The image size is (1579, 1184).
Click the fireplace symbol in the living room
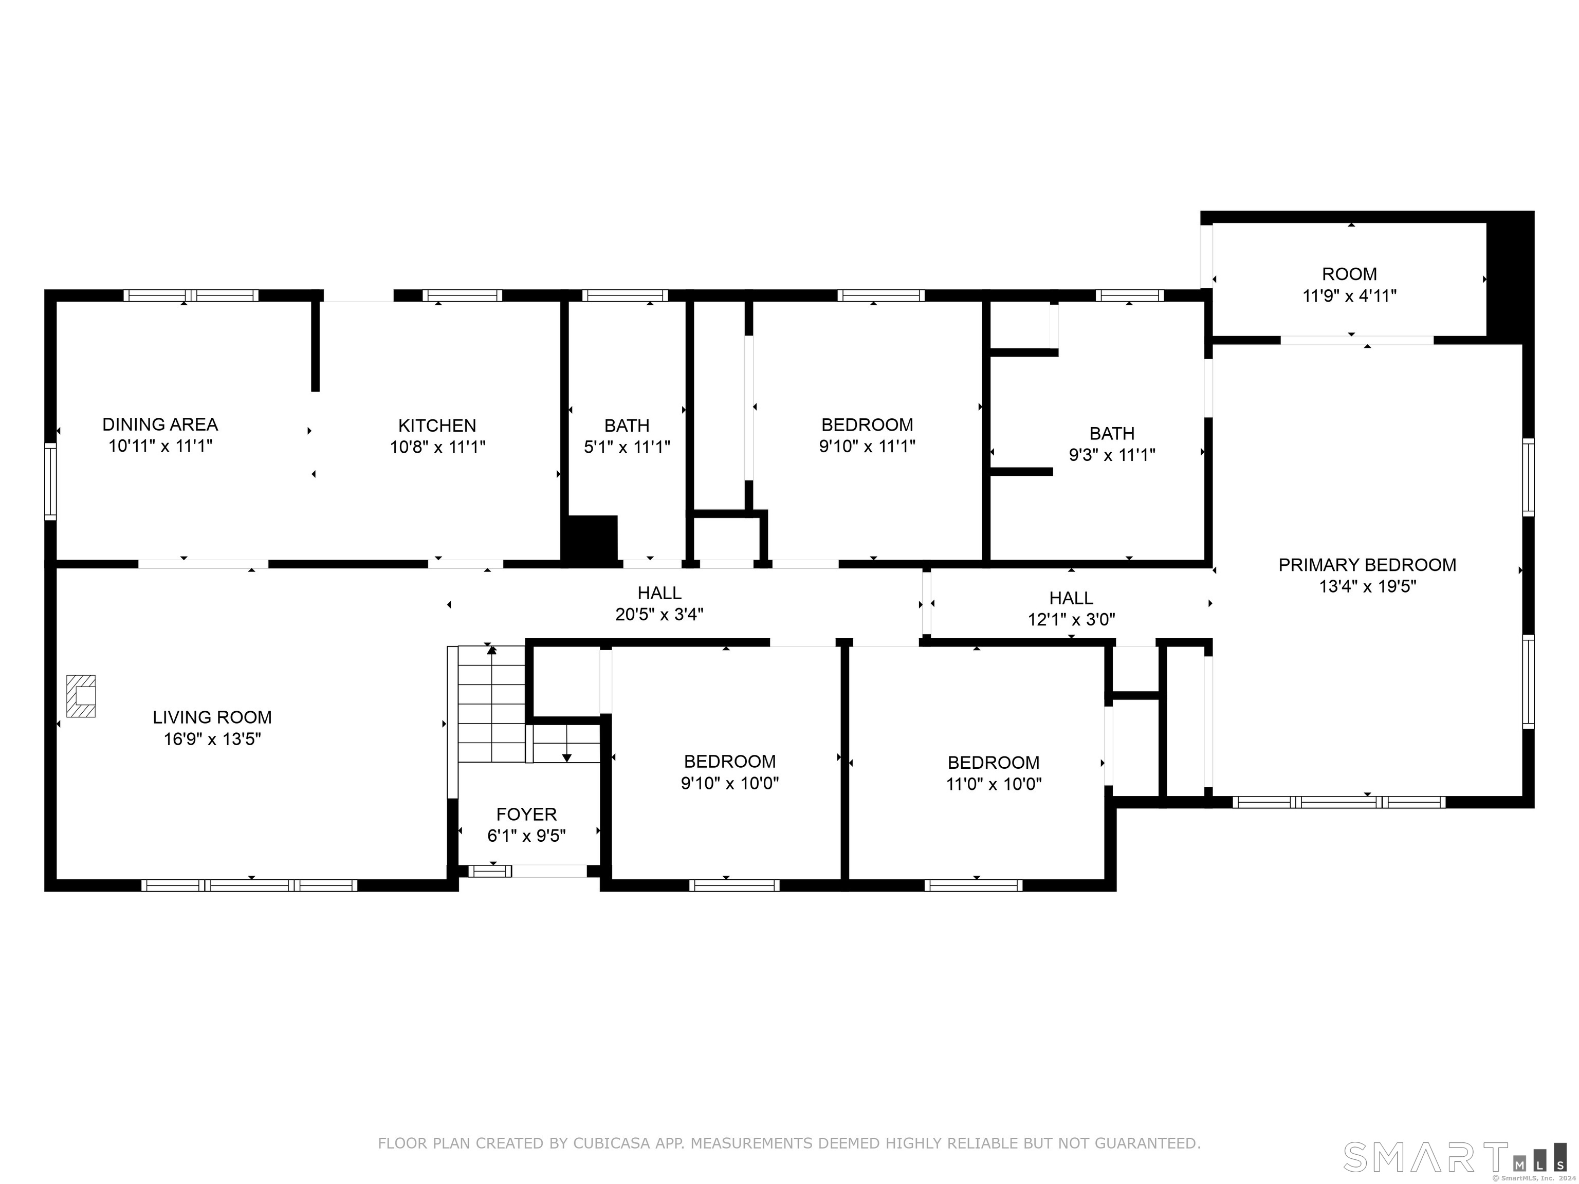(x=81, y=695)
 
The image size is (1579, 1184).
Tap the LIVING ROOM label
(x=212, y=717)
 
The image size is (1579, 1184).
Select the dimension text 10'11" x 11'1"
(x=160, y=447)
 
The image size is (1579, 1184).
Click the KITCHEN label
(x=437, y=425)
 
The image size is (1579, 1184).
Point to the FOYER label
(x=526, y=815)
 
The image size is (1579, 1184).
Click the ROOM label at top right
(x=1349, y=274)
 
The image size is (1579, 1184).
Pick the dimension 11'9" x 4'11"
(x=1349, y=296)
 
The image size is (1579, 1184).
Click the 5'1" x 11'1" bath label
(x=627, y=436)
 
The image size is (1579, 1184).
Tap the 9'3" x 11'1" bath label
(x=1111, y=444)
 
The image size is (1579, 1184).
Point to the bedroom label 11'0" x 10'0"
(x=994, y=773)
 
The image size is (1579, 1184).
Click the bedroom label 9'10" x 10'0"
(x=729, y=772)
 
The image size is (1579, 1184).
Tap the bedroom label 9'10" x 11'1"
(x=867, y=435)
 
